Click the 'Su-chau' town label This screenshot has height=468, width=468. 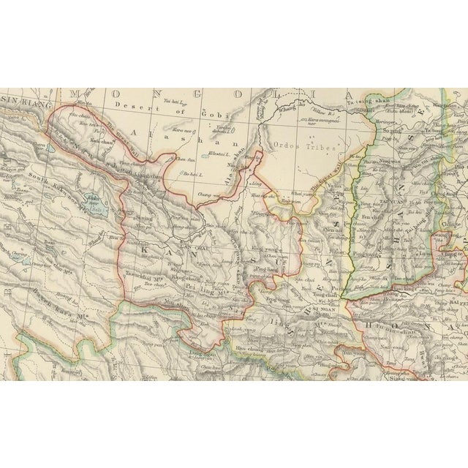[x=80, y=115]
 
